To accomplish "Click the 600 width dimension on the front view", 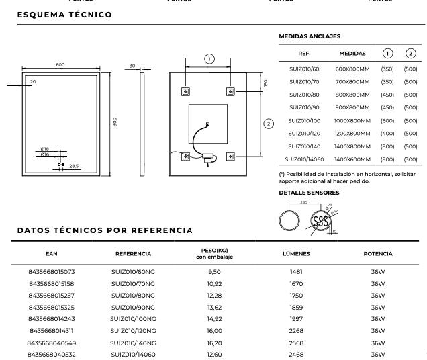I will point(60,64).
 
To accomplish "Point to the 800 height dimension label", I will point(115,123).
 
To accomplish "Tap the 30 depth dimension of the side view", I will point(133,66).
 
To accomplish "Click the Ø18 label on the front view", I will point(45,148).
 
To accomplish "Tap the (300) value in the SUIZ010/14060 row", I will point(408,159).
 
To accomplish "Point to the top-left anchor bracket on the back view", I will point(186,91).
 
